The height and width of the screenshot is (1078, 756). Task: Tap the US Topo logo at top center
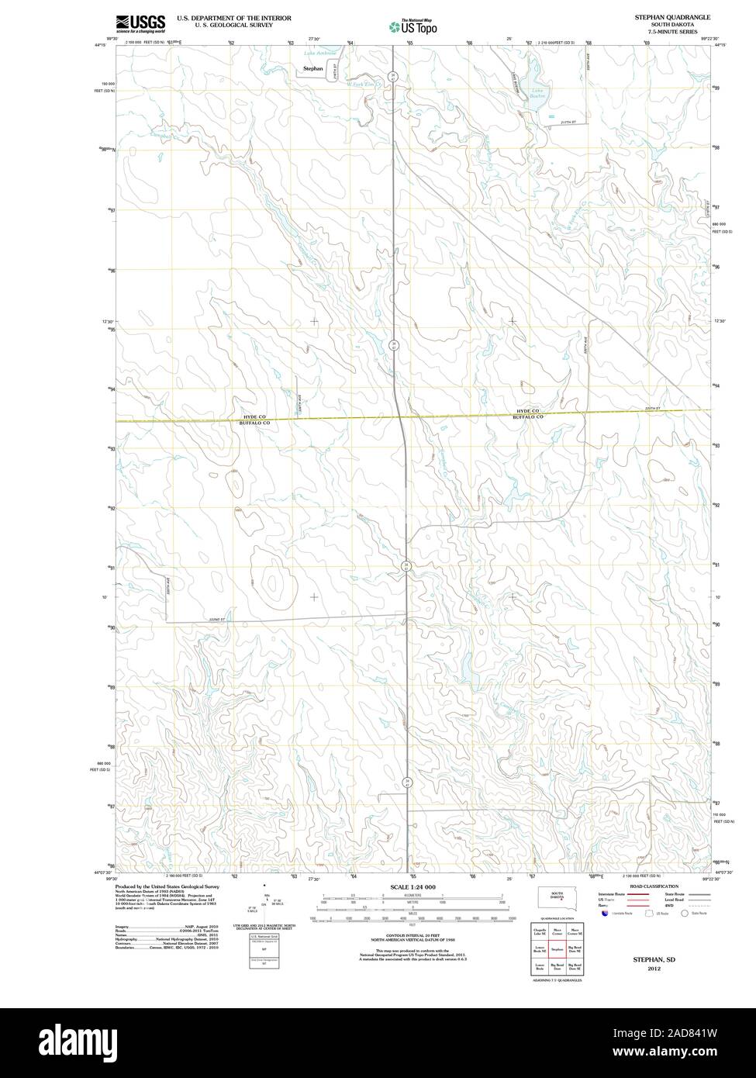click(413, 27)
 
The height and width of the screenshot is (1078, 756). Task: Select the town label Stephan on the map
click(312, 68)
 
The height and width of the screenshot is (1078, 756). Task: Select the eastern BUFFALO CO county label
click(527, 417)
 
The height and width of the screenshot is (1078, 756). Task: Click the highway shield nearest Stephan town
click(393, 76)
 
